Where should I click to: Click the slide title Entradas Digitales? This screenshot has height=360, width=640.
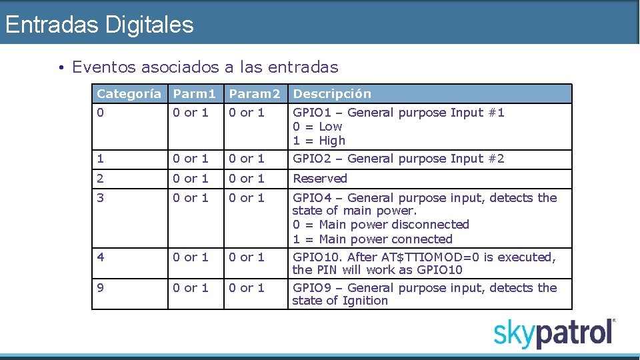pos(99,25)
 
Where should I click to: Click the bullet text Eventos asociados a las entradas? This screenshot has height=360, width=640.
pos(205,67)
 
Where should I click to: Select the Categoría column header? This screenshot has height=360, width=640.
pos(129,94)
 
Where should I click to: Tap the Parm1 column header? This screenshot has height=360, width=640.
pos(195,94)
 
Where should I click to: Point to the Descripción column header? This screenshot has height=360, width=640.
pos(332,94)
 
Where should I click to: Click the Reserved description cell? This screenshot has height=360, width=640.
pos(320,179)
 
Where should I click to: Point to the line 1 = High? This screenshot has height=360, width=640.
pos(319,141)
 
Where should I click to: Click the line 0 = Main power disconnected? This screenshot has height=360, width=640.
pos(381,225)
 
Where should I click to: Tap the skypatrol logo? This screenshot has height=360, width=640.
pos(554,333)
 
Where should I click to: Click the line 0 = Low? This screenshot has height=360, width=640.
pos(317,127)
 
